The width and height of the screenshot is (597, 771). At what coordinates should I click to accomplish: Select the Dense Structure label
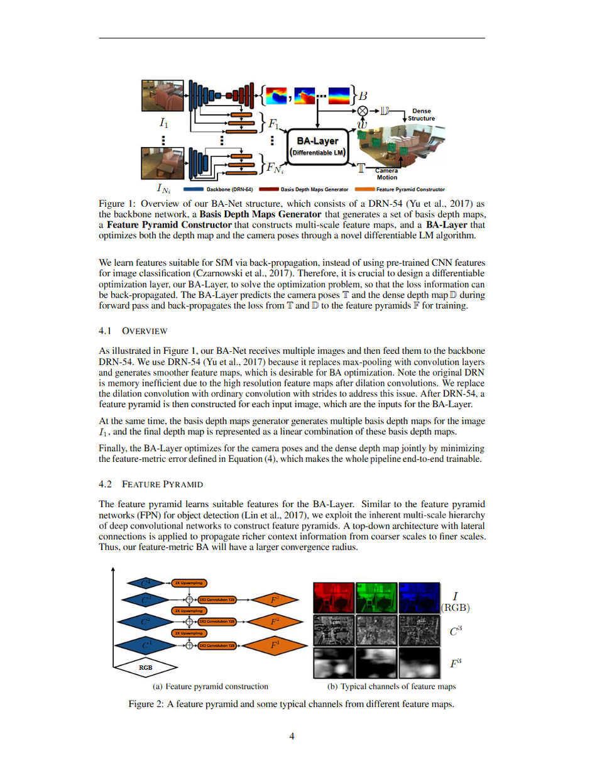[x=421, y=114]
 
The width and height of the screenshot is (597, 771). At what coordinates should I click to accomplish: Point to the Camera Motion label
[x=386, y=174]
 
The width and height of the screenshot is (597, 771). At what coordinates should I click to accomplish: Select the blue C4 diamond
[x=145, y=582]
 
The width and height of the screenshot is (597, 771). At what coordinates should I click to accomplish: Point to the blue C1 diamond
[x=145, y=645]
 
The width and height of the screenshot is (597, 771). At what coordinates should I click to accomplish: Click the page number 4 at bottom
[x=292, y=737]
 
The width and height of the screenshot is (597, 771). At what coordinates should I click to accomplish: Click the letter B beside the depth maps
[x=363, y=96]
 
